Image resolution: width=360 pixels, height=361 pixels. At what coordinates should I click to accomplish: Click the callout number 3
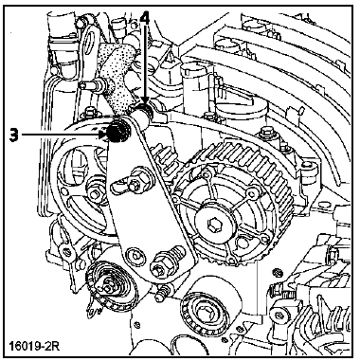click(14, 135)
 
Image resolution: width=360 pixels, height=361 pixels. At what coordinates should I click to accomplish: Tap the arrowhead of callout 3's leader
click(104, 135)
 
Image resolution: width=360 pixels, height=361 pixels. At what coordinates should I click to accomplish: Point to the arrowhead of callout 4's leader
click(145, 103)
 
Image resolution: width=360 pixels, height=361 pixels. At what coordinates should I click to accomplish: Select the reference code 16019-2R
click(34, 345)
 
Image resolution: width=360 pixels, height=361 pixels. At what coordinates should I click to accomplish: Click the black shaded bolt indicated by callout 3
click(117, 132)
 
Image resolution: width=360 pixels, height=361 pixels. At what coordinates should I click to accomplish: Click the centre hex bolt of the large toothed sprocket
click(213, 226)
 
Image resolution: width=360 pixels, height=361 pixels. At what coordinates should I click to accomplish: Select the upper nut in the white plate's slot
click(135, 185)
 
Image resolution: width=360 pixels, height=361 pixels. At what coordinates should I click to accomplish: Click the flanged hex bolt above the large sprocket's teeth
click(265, 135)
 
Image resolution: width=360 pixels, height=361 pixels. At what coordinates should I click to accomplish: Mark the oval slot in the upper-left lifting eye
click(94, 40)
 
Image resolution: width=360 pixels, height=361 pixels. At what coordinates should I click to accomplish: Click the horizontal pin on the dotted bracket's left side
click(92, 85)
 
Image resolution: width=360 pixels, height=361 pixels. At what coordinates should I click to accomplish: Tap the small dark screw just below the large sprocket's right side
click(278, 271)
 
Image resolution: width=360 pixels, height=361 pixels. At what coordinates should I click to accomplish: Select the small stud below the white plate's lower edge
click(162, 293)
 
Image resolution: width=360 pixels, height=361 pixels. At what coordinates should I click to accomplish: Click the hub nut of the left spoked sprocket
click(94, 193)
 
